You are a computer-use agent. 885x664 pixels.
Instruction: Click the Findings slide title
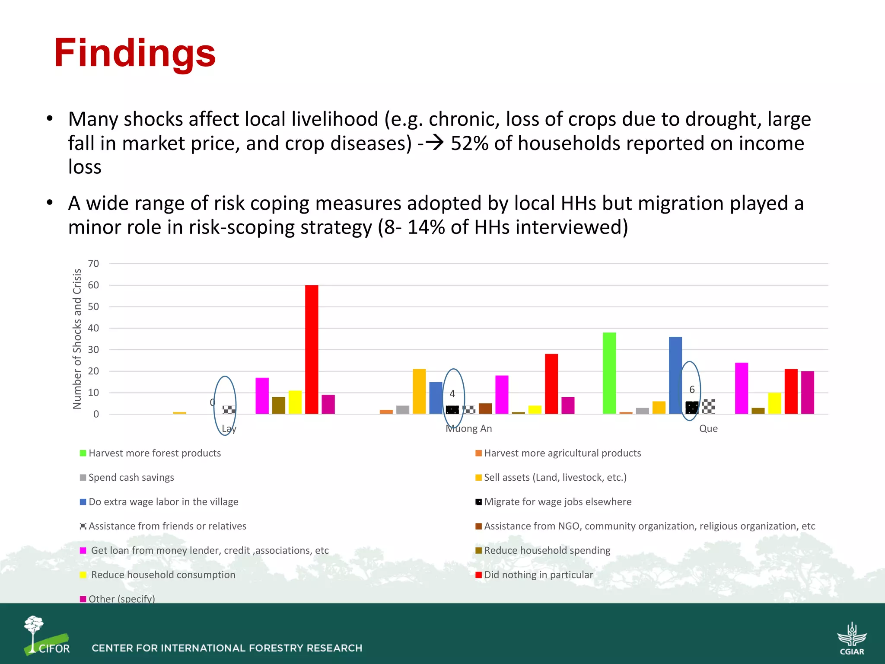[134, 53]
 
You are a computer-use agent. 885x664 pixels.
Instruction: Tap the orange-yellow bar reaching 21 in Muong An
[419, 391]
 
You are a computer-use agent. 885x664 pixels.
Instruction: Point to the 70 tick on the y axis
[93, 264]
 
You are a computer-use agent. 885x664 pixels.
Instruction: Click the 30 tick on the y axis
[93, 350]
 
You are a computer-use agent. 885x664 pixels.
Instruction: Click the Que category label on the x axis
[708, 428]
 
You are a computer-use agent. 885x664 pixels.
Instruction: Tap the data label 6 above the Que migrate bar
[692, 389]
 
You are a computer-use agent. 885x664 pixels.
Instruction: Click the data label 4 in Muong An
[452, 394]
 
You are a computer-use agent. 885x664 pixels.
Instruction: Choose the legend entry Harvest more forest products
[154, 453]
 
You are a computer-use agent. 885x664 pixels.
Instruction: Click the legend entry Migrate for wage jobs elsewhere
[557, 502]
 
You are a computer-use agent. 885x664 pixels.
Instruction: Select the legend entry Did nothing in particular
[538, 575]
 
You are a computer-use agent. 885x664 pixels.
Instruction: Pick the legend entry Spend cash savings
[131, 478]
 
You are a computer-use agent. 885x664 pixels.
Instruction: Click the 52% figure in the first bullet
[469, 143]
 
